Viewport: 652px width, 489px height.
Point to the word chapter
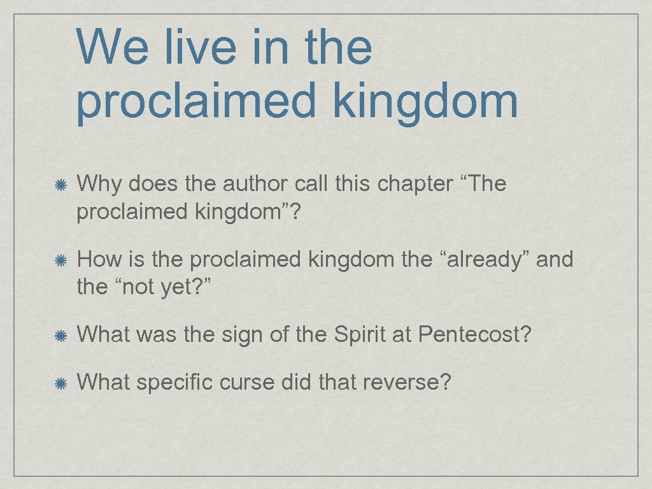click(415, 185)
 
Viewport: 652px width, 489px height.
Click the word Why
click(99, 185)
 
